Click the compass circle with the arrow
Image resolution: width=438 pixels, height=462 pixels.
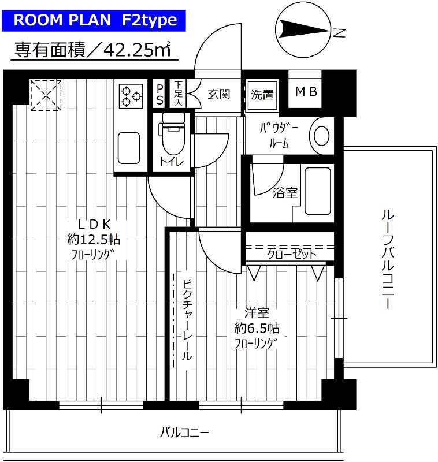[302, 28]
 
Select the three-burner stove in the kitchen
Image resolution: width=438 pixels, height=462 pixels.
[132, 95]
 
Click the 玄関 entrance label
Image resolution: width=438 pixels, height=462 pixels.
[220, 94]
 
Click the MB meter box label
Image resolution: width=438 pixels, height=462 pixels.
[306, 92]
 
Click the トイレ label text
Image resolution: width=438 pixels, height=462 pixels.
[172, 162]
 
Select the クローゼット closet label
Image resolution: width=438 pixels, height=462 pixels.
[291, 254]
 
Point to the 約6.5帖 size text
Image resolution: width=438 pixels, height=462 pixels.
[257, 329]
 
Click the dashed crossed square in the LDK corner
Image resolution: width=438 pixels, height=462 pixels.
[46, 95]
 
